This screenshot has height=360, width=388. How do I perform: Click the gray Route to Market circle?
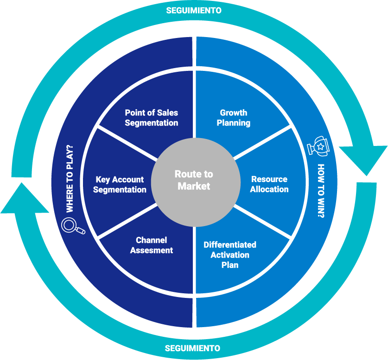pos(194,180)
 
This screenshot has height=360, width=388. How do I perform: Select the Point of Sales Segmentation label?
pos(152,118)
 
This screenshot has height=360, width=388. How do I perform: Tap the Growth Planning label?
pos(234,118)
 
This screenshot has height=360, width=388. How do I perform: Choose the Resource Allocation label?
pos(269,184)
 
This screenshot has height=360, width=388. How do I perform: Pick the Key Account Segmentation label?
pos(120,184)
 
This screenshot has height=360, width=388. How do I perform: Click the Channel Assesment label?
pos(152,245)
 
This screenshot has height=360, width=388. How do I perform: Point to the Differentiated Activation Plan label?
pos(230,255)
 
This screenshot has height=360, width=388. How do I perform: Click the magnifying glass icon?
pos(73,226)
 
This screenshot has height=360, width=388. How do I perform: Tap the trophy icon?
pos(320,145)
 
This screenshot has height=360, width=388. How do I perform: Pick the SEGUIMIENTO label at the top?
pos(194,10)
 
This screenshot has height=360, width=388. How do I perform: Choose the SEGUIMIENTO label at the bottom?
pos(193,348)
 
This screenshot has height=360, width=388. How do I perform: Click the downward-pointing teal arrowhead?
pos(363,160)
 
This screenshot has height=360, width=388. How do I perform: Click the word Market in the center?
pos(194,186)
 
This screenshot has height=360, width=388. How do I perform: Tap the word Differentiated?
pos(230,245)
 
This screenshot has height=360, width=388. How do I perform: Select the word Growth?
pos(234,113)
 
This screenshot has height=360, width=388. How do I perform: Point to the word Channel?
pos(152,240)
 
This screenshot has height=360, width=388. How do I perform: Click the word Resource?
pos(269,179)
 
